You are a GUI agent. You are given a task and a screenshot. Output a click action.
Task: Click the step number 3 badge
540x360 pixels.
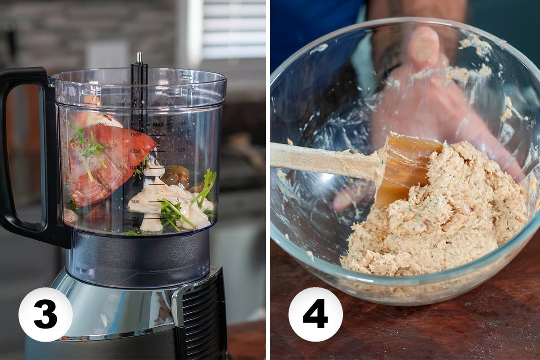(45, 314)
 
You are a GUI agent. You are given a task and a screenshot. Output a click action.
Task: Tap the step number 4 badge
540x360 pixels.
(315, 314)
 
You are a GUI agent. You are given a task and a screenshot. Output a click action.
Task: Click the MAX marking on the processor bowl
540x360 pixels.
(158, 124)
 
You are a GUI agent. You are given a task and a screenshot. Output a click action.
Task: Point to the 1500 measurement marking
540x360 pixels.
(135, 135)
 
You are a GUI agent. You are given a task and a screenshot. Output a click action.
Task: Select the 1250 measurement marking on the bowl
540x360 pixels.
(135, 152)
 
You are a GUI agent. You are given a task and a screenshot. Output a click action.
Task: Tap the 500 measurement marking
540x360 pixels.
(135, 201)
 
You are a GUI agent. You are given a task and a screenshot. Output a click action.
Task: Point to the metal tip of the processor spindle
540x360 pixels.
(139, 57)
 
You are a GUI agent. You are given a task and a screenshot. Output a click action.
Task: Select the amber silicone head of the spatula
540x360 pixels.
(405, 166)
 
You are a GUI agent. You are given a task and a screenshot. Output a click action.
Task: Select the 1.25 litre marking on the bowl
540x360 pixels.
(181, 149)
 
